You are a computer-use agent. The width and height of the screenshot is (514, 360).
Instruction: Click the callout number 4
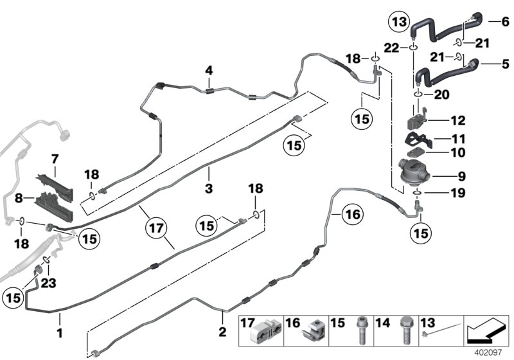tap(208, 69)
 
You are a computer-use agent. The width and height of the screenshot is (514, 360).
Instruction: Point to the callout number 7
tap(55, 157)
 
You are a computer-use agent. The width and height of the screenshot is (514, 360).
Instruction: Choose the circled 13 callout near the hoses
tap(398, 22)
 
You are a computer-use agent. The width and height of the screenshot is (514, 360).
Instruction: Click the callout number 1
tap(60, 334)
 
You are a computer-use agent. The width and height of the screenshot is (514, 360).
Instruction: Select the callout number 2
tap(222, 332)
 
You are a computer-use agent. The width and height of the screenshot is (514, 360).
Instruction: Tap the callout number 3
tap(208, 170)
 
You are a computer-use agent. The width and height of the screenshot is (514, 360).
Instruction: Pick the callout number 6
tap(504, 21)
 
